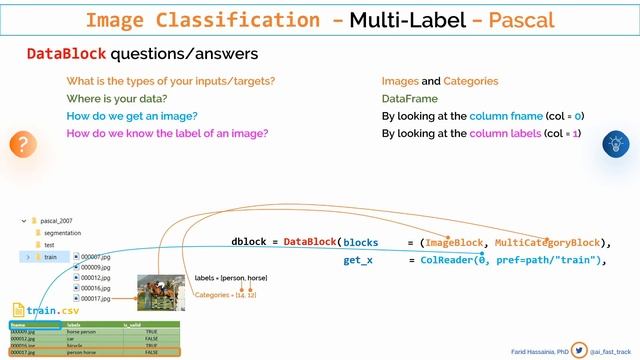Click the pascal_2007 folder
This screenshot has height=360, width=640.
pos(63,220)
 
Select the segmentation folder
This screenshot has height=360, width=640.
pos(68,232)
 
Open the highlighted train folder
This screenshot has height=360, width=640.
pos(50,257)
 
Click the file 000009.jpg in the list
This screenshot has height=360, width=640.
pos(95,267)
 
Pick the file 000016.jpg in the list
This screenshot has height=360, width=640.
pos(95,287)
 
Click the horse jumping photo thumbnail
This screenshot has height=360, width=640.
pos(160,285)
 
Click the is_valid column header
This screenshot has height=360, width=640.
pos(132,324)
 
